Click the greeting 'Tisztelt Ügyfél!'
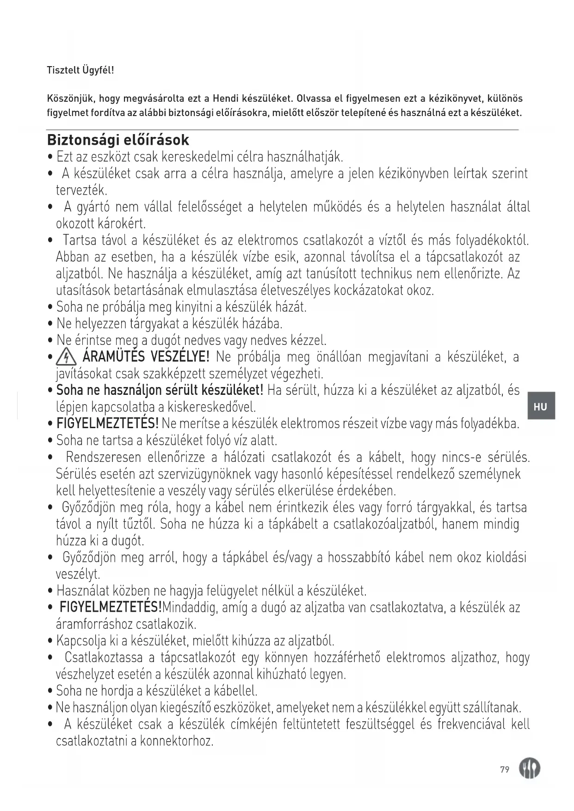tap(80, 70)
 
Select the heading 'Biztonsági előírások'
tap(118, 140)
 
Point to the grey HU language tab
tap(540, 406)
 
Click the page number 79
tap(505, 769)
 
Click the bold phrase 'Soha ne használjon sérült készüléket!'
tap(160, 390)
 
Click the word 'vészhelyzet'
tap(84, 674)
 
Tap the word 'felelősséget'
tap(210, 207)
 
